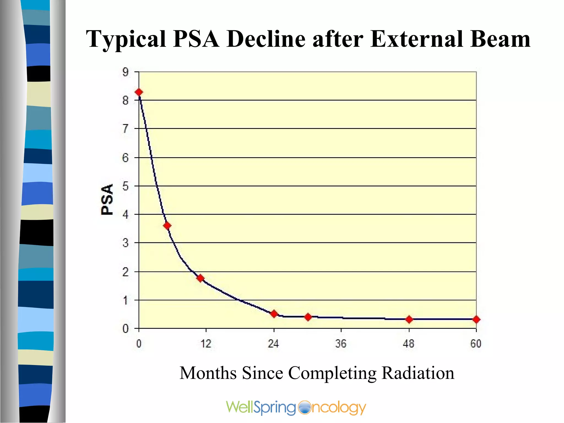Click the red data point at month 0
139,92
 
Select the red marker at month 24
274,314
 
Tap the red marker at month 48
409,319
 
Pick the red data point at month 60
476,319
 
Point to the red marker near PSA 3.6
167,226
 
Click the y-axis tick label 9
126,72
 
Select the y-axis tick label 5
126,186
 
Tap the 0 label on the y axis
126,329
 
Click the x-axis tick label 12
206,344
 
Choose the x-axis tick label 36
341,344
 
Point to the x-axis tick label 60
476,344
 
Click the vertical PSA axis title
107,199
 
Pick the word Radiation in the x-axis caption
418,373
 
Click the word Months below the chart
208,373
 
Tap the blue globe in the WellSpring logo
304,408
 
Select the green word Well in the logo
239,407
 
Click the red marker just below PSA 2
200,278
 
